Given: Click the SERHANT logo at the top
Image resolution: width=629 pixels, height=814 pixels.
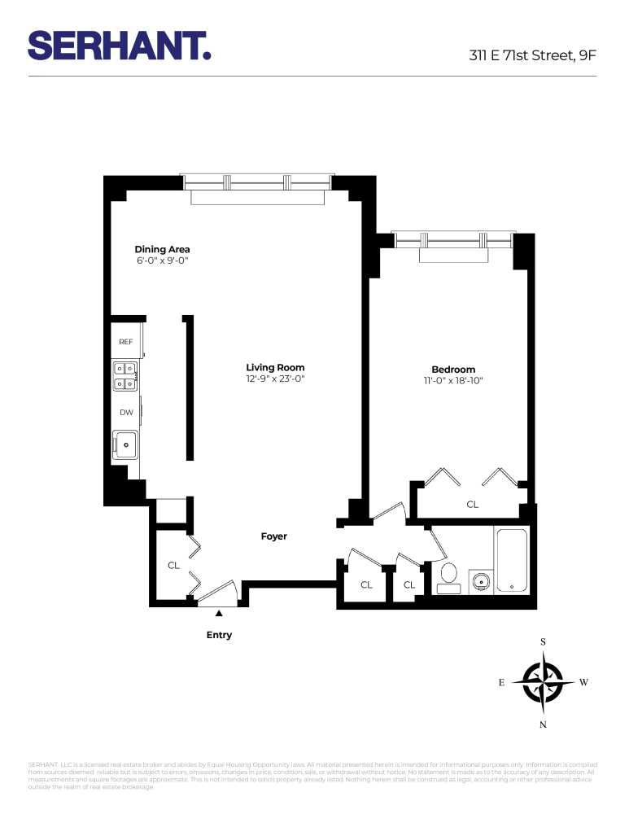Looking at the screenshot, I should [x=120, y=46].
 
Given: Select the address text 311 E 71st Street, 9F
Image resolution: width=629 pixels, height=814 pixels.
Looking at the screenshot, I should [x=532, y=56].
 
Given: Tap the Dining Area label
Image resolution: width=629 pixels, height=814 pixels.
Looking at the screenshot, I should [x=163, y=249].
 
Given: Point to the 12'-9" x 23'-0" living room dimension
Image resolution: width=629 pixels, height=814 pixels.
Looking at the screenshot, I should [x=275, y=379].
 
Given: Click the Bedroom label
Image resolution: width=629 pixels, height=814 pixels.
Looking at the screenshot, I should [x=453, y=369].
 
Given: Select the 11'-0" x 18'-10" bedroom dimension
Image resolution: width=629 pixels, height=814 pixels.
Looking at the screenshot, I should [x=453, y=380].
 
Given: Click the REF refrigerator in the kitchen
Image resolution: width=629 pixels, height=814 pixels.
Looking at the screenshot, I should [x=126, y=342].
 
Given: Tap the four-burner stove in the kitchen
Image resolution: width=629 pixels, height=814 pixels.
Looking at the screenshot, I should [x=124, y=377].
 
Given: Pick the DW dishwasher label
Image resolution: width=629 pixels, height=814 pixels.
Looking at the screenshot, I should [x=126, y=413].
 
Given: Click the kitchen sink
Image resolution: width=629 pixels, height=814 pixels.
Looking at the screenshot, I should [x=126, y=445].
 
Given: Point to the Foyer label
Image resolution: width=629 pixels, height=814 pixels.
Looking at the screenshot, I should [x=273, y=536].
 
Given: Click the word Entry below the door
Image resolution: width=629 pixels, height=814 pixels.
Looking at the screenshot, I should [x=219, y=635].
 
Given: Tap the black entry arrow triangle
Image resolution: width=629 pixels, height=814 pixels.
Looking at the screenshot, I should [x=218, y=613].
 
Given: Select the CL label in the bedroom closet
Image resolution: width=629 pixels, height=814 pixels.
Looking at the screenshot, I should [x=472, y=505].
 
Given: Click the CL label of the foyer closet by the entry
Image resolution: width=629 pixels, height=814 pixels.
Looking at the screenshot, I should [x=173, y=565].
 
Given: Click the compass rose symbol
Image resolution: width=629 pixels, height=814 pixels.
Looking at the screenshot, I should [x=543, y=682].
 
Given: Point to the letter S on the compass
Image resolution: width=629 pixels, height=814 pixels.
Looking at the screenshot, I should [x=544, y=642].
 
